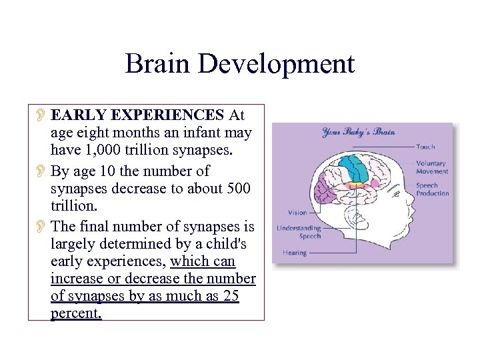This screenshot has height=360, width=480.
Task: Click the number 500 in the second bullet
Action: (x=237, y=188)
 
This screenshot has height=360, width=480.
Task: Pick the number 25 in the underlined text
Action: (x=231, y=297)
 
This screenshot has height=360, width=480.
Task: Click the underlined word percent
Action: (x=76, y=313)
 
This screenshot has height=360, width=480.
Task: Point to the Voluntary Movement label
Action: (x=431, y=167)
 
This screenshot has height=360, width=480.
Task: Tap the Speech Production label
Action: (x=433, y=189)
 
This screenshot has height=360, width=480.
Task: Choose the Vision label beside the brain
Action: (x=297, y=213)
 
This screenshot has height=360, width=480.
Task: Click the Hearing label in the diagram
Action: (x=295, y=253)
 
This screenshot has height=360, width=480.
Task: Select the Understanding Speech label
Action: (x=299, y=232)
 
